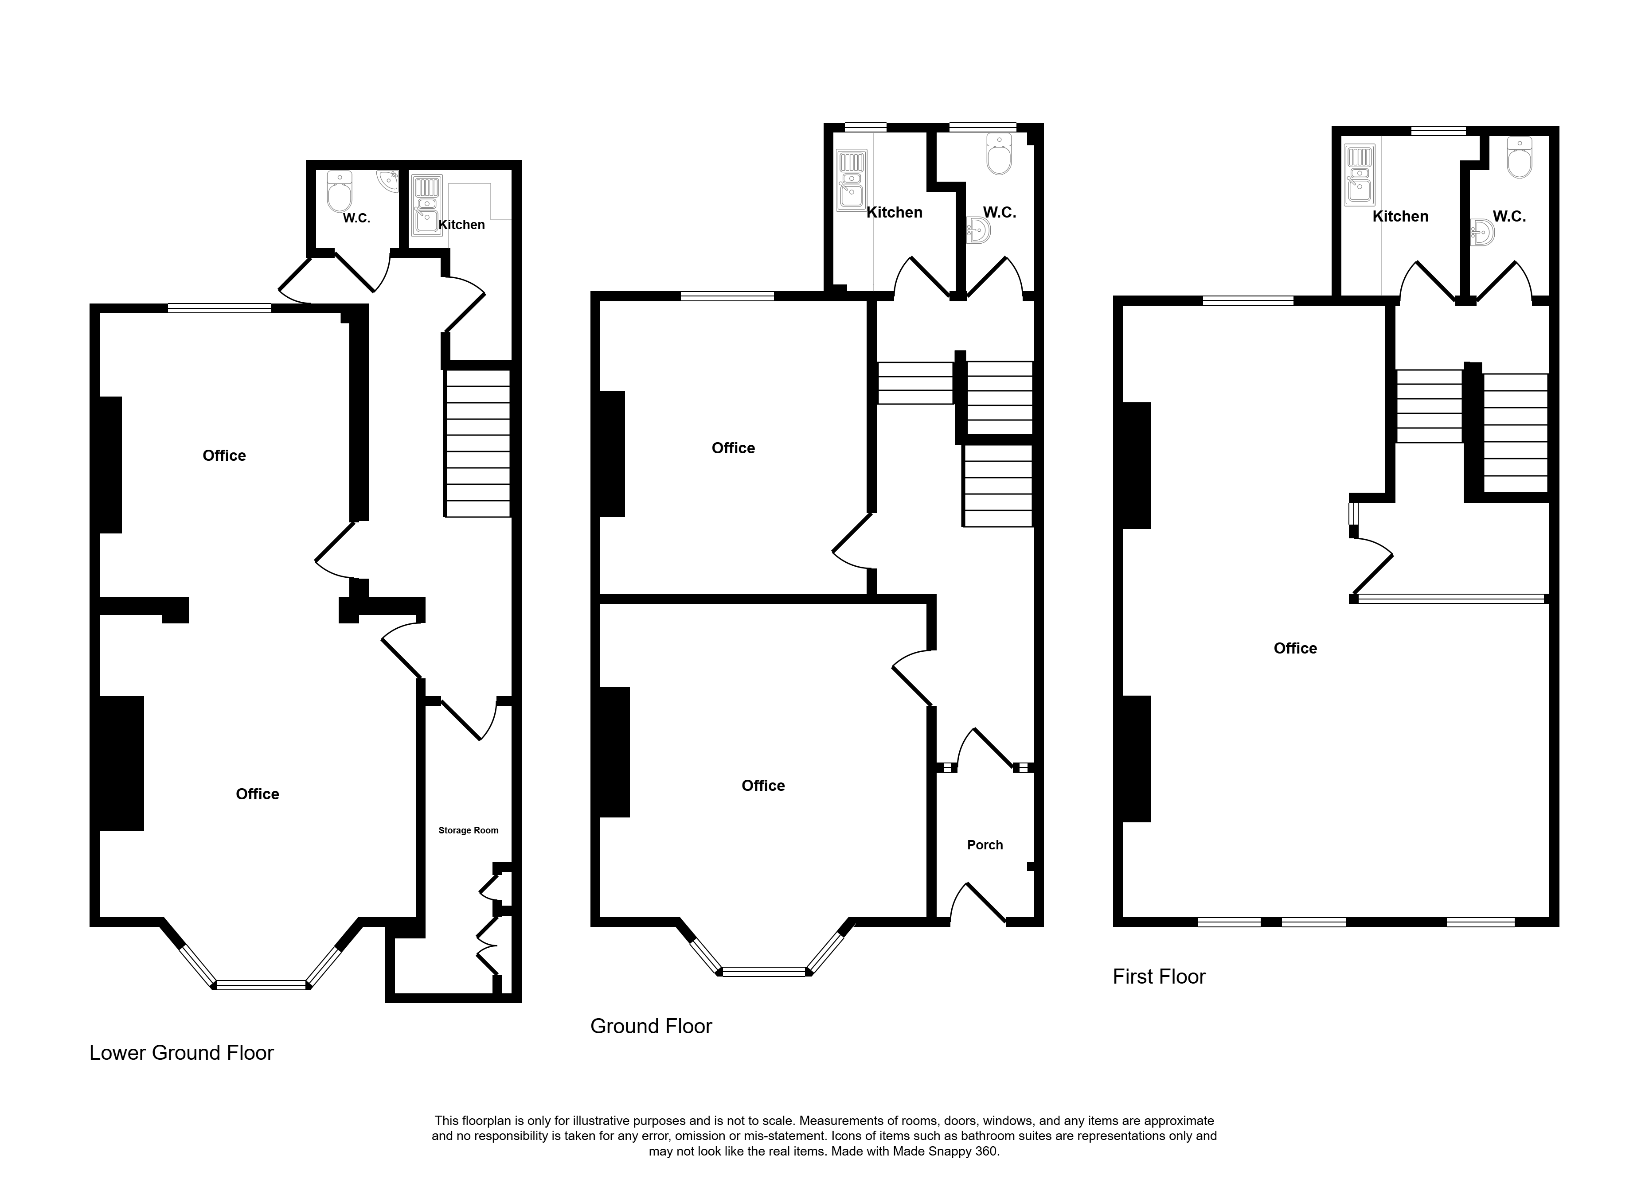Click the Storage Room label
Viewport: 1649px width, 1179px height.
[469, 830]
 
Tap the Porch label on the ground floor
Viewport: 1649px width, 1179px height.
[985, 844]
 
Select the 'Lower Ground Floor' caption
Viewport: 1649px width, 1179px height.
[182, 1053]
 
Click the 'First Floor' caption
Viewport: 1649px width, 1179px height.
[1159, 977]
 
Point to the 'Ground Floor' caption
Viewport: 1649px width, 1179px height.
[651, 1026]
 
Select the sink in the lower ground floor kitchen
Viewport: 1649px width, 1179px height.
[425, 206]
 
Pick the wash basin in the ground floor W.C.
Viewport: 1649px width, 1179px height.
[978, 231]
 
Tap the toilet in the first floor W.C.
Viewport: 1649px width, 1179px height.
[1519, 158]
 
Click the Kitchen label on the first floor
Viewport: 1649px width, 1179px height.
[1400, 216]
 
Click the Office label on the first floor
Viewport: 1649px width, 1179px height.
[1295, 648]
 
